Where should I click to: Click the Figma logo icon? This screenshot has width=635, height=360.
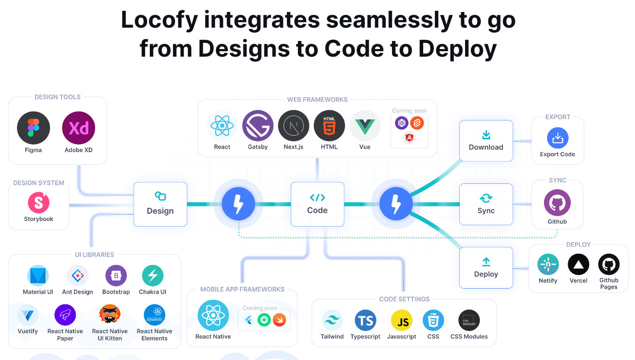(x=33, y=128)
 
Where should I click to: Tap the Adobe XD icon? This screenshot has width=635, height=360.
(x=79, y=128)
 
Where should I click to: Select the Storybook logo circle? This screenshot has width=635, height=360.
(x=39, y=203)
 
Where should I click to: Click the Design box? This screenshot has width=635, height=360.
(x=161, y=204)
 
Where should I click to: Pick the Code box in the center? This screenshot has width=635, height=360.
(x=317, y=204)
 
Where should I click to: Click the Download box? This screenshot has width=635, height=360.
(x=486, y=141)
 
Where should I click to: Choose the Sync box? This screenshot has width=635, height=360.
(x=486, y=204)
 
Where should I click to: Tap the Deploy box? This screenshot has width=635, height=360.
(x=486, y=268)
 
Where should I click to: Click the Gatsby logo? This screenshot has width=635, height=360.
(x=258, y=126)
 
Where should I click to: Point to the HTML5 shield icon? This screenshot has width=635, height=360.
(x=329, y=126)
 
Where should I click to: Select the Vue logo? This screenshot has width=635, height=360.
(x=365, y=126)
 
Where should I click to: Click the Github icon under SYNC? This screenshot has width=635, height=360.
(x=557, y=203)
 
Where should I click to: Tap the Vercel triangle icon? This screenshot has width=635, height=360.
(x=578, y=265)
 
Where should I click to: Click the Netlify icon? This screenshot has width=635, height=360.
(x=548, y=265)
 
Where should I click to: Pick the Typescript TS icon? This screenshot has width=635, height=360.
(x=366, y=320)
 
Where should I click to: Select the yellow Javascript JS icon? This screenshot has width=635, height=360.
(x=402, y=320)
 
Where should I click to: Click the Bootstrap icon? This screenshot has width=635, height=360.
(x=116, y=276)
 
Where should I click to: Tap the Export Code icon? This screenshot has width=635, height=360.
(x=557, y=138)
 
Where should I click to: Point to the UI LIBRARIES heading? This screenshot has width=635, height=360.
(x=95, y=255)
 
